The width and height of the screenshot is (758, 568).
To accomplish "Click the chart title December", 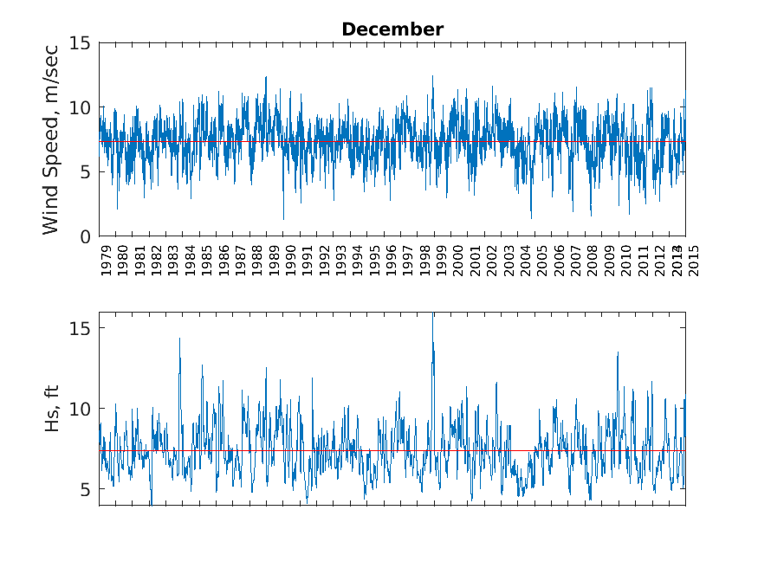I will (x=392, y=29).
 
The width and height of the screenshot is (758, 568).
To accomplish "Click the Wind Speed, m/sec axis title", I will (x=51, y=139).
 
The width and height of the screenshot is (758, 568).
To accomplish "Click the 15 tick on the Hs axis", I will (x=83, y=328).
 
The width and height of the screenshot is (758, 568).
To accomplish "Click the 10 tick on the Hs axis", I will (x=83, y=409).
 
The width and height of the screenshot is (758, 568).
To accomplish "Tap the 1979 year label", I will (x=106, y=259).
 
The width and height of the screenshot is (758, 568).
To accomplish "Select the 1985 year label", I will (x=206, y=259).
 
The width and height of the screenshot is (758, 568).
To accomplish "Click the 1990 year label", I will (x=290, y=259).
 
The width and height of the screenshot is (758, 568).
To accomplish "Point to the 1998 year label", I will (x=424, y=259).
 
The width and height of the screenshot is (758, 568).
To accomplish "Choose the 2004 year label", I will (x=525, y=259).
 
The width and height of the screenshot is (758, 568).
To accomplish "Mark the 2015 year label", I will (x=692, y=259).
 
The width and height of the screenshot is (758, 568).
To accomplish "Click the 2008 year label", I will (x=593, y=259).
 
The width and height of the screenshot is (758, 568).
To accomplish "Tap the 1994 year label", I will (x=358, y=259).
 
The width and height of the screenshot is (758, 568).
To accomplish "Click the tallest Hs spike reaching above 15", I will (x=432, y=317).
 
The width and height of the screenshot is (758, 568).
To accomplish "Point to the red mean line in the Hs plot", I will (x=260, y=450).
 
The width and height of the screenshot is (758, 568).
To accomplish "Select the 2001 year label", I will (x=475, y=259).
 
